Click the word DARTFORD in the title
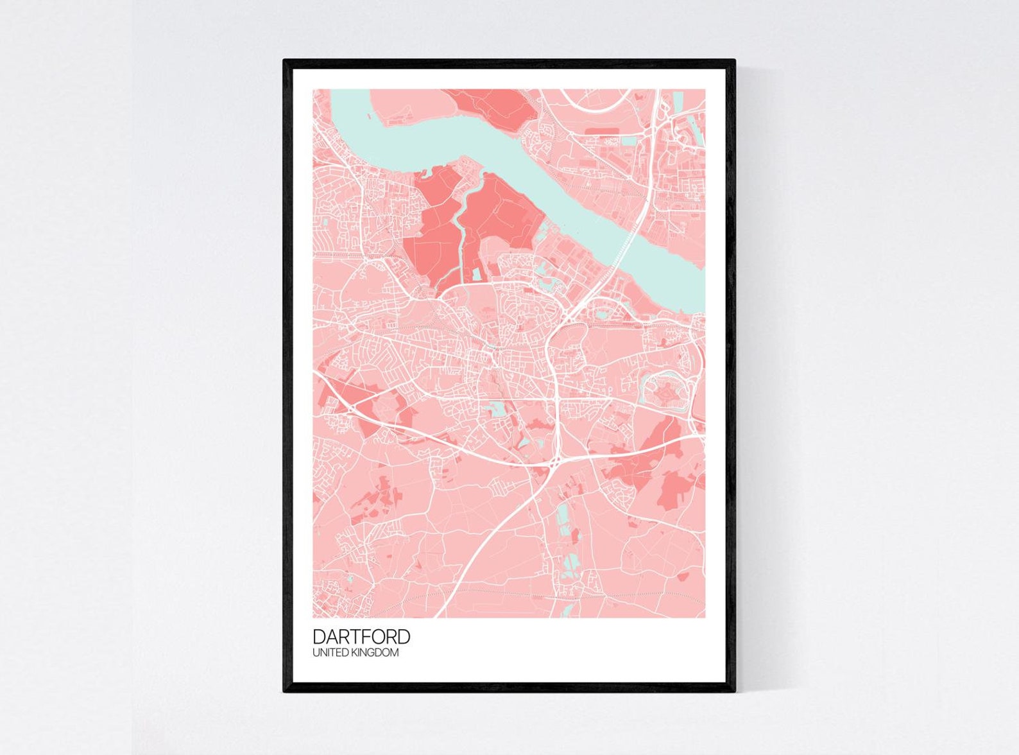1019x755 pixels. [361, 636]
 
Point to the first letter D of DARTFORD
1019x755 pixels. [318, 636]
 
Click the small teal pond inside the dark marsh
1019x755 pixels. [477, 274]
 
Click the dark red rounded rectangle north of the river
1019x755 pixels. [601, 131]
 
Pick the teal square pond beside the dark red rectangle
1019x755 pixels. [629, 141]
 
